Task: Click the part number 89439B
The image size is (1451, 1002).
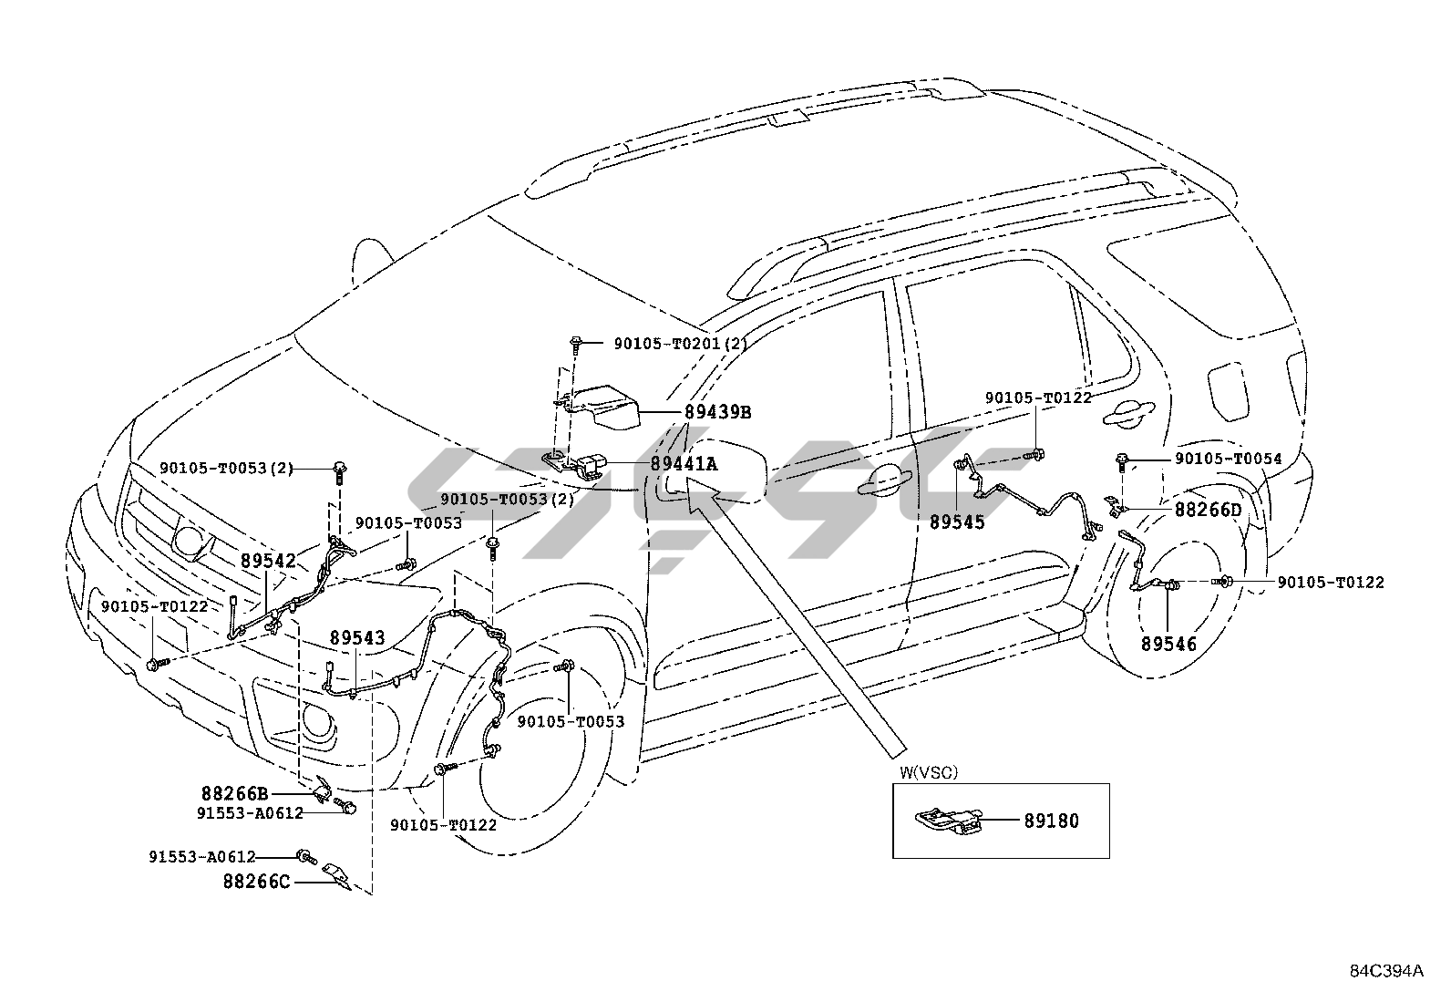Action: pyautogui.click(x=717, y=412)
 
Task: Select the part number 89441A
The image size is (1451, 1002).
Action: pyautogui.click(x=684, y=464)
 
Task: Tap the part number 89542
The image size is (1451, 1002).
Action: pyautogui.click(x=268, y=560)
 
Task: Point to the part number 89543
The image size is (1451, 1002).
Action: pyautogui.click(x=357, y=638)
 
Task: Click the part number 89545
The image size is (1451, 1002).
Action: pyautogui.click(x=957, y=523)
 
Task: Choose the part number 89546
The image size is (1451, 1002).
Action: pyautogui.click(x=1168, y=644)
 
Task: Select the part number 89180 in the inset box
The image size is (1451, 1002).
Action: pyautogui.click(x=1051, y=821)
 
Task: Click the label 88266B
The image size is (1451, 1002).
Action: pyautogui.click(x=234, y=793)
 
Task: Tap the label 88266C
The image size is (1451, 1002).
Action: pyautogui.click(x=257, y=882)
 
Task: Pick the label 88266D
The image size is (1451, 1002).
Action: pyautogui.click(x=1208, y=510)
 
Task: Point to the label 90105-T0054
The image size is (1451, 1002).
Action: pyautogui.click(x=1228, y=459)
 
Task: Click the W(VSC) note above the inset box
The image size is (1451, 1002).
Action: pyautogui.click(x=929, y=772)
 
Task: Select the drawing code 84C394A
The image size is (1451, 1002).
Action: pyautogui.click(x=1385, y=971)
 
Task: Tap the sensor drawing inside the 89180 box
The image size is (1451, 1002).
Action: pyautogui.click(x=946, y=819)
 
